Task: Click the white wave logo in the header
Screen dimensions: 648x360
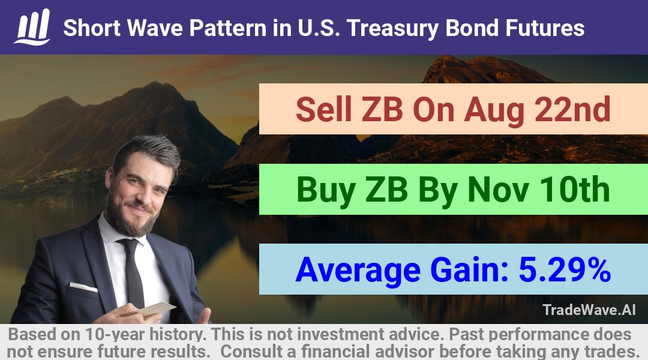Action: click(32, 27)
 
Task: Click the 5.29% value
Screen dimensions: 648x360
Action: click(565, 269)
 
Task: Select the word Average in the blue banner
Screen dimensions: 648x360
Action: click(358, 271)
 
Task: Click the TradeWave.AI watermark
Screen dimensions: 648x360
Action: click(589, 310)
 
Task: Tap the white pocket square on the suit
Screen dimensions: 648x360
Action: click(83, 286)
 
